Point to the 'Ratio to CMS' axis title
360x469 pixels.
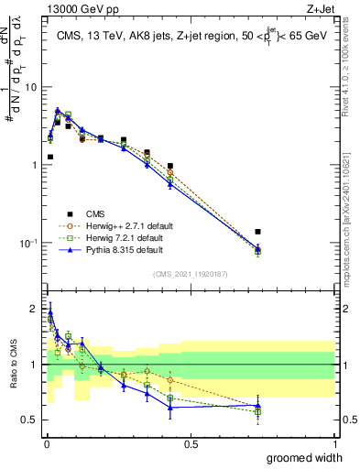pos(12,365)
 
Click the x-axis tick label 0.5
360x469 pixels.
pos(191,443)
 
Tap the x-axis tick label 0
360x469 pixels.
pos(46,443)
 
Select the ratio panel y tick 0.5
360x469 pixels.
pos(30,420)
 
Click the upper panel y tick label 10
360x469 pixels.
pos(31,87)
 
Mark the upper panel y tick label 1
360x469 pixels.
pos(34,165)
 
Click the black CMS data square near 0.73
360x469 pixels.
pos(257,232)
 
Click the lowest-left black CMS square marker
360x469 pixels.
pos(49,157)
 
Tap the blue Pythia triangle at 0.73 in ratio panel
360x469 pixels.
pos(257,405)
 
